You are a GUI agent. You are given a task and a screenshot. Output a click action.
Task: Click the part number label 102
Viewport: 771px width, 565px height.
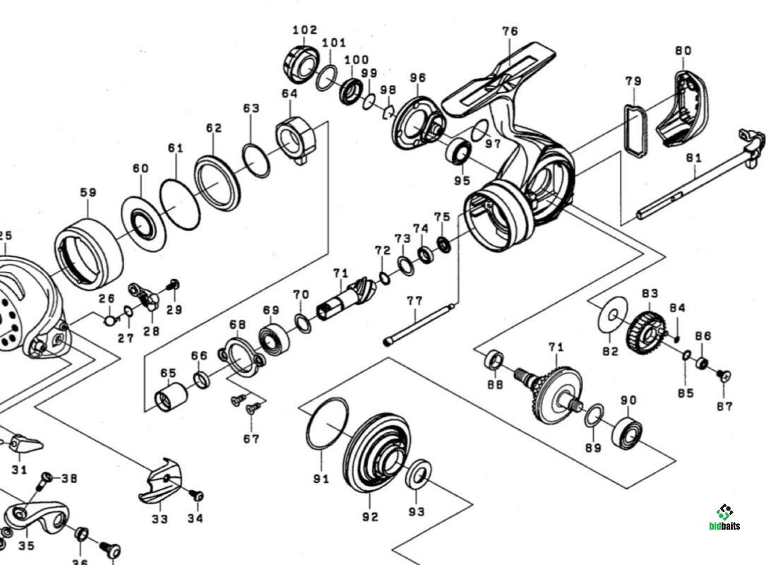tap(304, 30)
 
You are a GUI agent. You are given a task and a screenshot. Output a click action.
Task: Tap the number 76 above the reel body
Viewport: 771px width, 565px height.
tap(510, 31)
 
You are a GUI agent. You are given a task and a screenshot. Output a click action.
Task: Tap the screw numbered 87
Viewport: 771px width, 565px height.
tap(723, 376)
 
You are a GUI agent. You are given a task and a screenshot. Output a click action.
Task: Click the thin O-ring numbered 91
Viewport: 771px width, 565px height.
tap(327, 424)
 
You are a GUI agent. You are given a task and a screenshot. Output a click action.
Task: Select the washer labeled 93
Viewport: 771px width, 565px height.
tap(421, 473)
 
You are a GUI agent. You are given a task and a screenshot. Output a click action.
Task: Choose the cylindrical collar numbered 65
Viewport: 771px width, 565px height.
tap(169, 396)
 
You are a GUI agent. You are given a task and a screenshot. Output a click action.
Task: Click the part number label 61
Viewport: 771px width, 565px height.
tap(175, 148)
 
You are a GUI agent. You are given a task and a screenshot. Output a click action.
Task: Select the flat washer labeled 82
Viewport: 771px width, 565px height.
tap(611, 312)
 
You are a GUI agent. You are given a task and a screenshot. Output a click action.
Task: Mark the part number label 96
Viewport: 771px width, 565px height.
tap(418, 78)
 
